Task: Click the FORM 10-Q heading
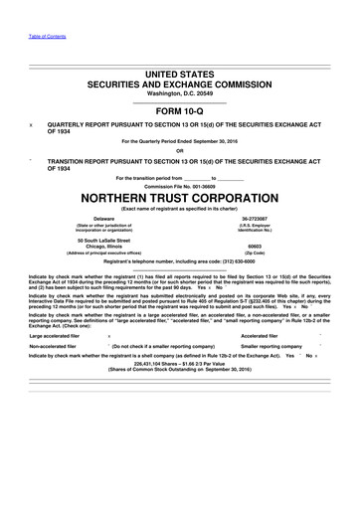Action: pyautogui.click(x=180, y=112)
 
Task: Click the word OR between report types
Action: pyautogui.click(x=180, y=150)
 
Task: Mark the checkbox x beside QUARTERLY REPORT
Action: pyautogui.click(x=33, y=126)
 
